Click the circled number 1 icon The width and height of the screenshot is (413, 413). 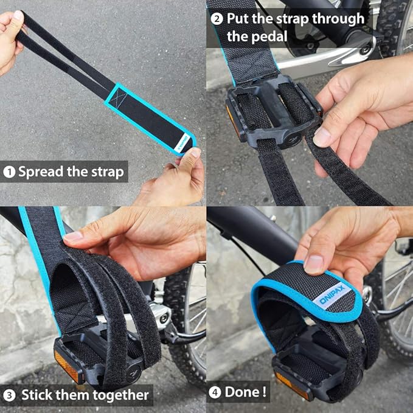[x=9, y=172]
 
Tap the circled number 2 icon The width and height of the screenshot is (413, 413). [x=217, y=19]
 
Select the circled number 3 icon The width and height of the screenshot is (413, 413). [x=9, y=395]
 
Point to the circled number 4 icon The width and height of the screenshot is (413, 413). [x=215, y=393]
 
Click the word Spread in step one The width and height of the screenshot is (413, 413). [x=41, y=172]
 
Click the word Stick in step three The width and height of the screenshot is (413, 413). [x=36, y=395]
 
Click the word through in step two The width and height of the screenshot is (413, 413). [x=338, y=19]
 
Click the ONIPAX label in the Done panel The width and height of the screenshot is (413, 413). [x=332, y=295]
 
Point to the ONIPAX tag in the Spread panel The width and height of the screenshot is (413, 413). [x=182, y=144]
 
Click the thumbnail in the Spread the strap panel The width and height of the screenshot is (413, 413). [x=195, y=153]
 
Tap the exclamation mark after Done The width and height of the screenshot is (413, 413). [x=264, y=392]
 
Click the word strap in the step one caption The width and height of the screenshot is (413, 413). [x=108, y=173]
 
